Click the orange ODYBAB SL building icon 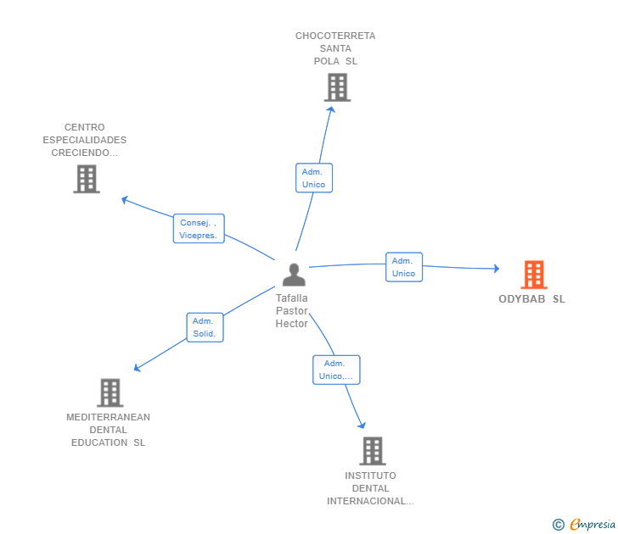534,275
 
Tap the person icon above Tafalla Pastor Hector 294,275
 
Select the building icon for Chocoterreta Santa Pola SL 337,87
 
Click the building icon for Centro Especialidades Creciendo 87,179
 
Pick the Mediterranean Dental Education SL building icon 110,392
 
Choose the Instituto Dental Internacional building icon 373,451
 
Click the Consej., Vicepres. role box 199,229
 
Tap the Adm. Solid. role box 205,327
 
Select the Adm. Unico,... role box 336,370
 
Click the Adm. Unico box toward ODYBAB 404,267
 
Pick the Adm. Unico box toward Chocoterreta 314,178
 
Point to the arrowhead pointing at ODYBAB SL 497,269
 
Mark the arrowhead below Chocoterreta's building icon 331,110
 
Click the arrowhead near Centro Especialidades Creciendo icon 125,200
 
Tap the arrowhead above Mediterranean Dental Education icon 138,368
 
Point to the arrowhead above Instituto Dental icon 362,425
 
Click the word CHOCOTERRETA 335,36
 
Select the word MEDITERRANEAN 108,417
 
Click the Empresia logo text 593,524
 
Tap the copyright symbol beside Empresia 558,525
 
